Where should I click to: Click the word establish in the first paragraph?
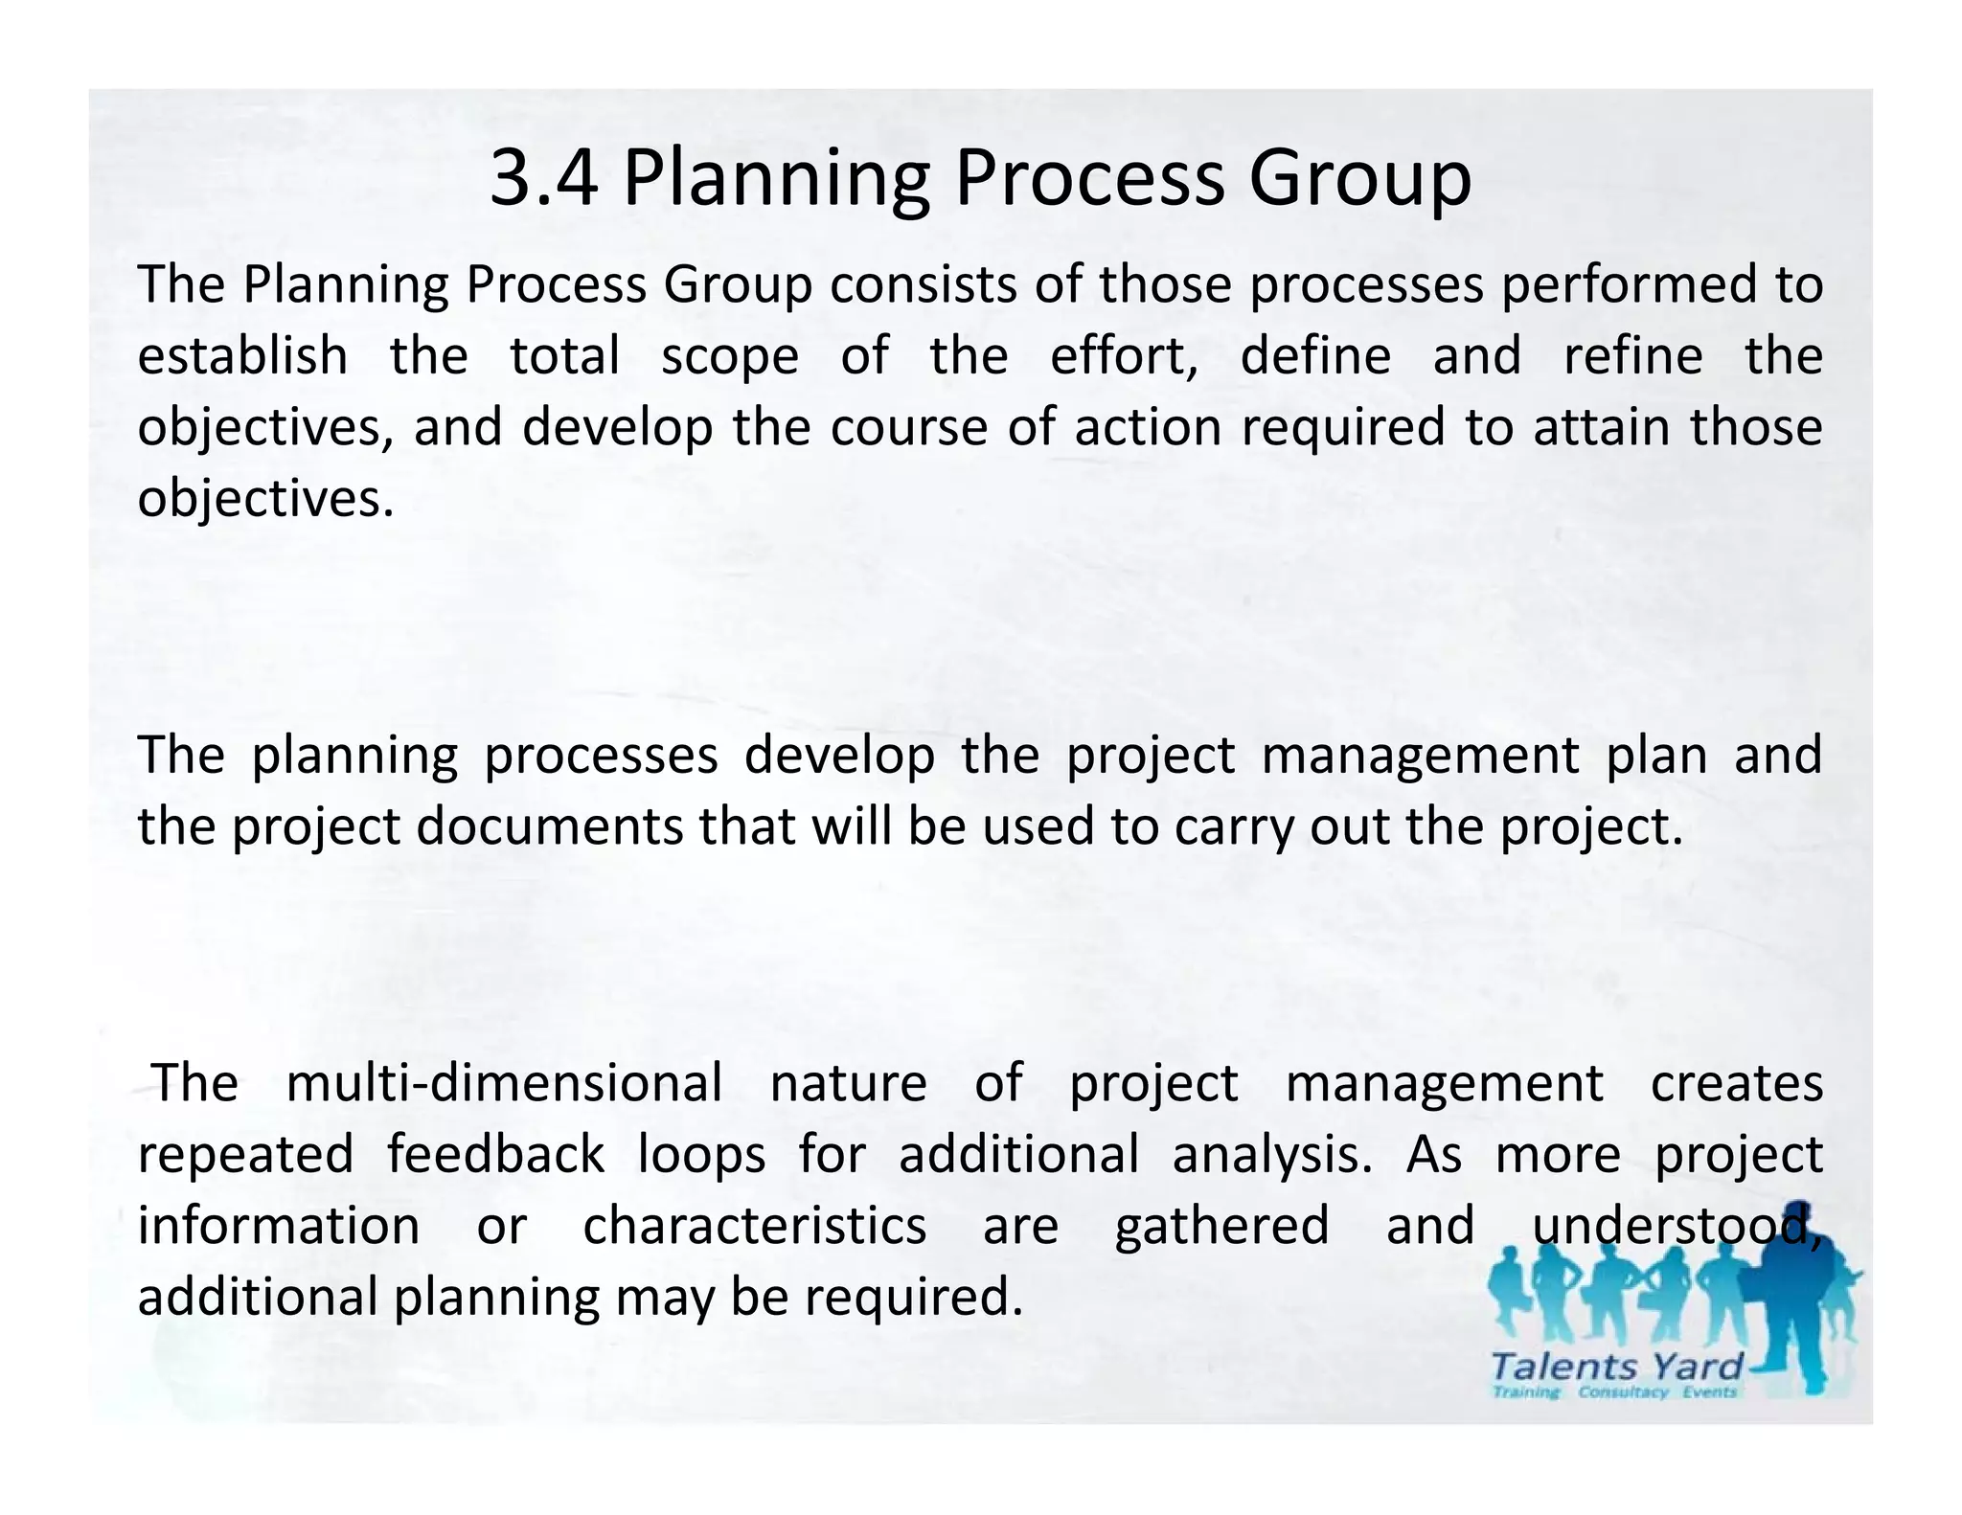(x=242, y=356)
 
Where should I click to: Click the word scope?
(x=730, y=356)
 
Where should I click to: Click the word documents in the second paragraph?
(x=550, y=826)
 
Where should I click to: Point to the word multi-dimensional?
(x=504, y=1084)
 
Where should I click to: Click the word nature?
(x=849, y=1084)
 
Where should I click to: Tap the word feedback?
(x=496, y=1154)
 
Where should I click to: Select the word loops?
(x=702, y=1154)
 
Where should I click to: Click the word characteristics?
(x=755, y=1226)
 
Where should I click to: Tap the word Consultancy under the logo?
(x=1623, y=1392)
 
